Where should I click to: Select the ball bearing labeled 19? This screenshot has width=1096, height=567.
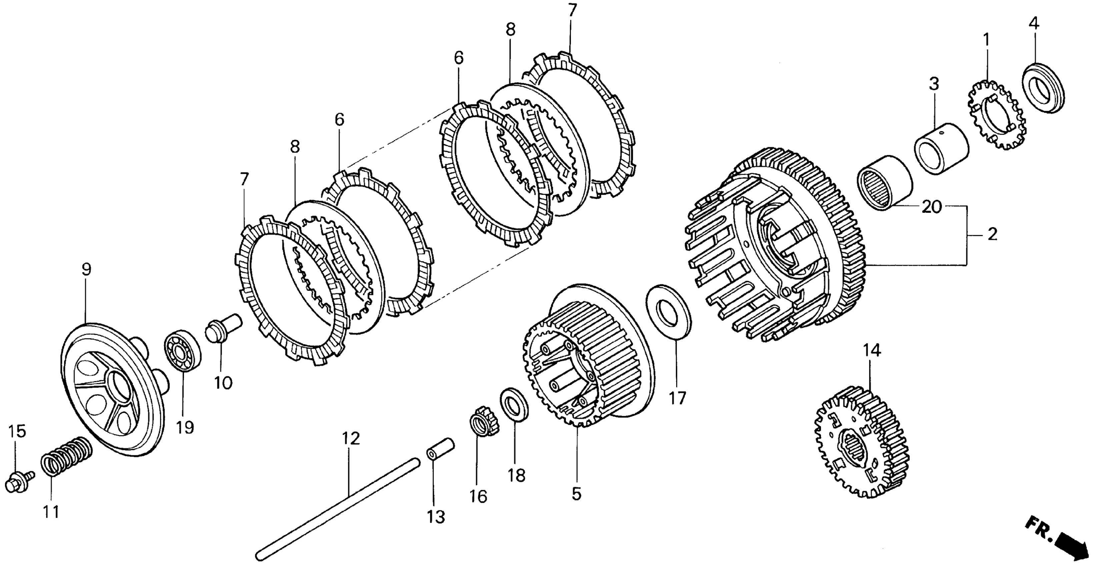coord(182,350)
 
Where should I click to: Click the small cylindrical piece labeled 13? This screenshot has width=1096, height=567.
coord(441,449)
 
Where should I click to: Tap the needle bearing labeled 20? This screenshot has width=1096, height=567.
coord(884,183)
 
